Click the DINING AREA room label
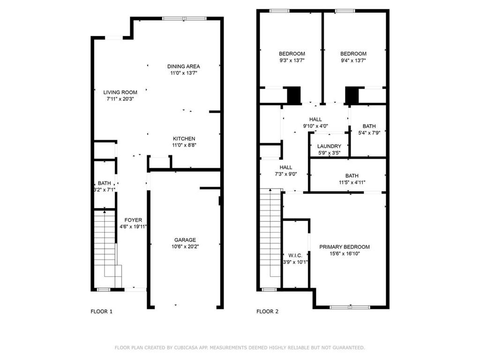pyautogui.click(x=184, y=67)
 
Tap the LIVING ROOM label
pyautogui.click(x=120, y=92)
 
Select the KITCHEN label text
pyautogui.click(x=184, y=139)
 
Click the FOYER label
pyautogui.click(x=133, y=220)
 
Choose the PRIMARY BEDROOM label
pyautogui.click(x=345, y=247)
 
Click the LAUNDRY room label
pyautogui.click(x=329, y=146)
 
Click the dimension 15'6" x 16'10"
pyautogui.click(x=345, y=254)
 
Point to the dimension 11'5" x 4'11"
pyautogui.click(x=348, y=183)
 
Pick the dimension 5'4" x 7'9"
pyautogui.click(x=369, y=133)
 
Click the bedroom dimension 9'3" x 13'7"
pyautogui.click(x=292, y=60)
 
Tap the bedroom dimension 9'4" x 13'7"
pyautogui.click(x=353, y=60)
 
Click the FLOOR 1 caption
pyautogui.click(x=101, y=311)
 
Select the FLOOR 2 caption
pyautogui.click(x=268, y=311)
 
